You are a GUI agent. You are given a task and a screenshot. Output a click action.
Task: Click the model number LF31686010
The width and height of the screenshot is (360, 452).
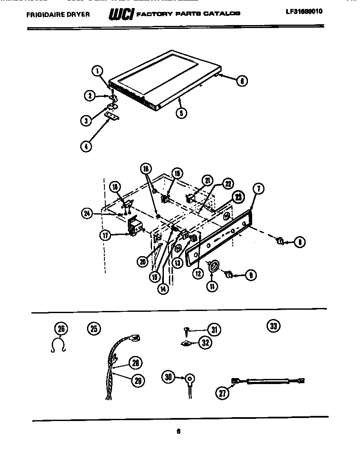click(304, 12)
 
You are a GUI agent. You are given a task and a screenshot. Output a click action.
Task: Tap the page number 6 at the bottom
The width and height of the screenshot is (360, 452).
click(179, 432)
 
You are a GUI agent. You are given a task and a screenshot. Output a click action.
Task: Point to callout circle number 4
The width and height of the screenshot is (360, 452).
click(86, 147)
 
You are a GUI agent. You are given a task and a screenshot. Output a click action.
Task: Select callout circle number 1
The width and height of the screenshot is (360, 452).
click(98, 71)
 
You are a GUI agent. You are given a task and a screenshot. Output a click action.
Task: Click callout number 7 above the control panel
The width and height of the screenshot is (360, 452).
click(259, 188)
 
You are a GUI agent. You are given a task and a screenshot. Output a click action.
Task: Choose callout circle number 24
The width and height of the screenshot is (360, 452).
click(87, 214)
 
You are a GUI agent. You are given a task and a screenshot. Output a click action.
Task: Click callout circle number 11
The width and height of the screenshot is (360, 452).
click(211, 286)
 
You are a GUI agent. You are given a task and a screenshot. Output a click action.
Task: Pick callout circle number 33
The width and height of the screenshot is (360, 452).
click(273, 326)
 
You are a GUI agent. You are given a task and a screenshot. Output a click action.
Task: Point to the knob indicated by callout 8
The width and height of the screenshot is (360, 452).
click(280, 241)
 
